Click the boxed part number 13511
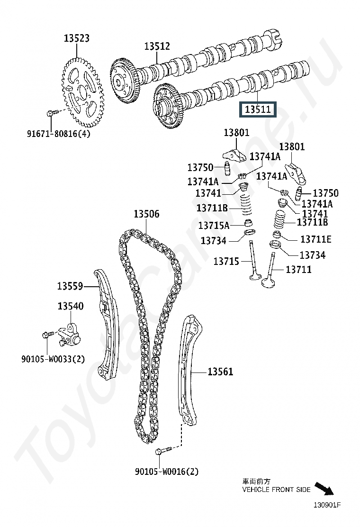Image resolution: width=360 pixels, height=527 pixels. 258,109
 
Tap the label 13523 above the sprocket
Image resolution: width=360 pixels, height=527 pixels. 77,38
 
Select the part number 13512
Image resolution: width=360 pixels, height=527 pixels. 157,46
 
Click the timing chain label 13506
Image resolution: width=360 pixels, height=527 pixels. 146,214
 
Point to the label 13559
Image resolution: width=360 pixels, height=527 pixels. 70,286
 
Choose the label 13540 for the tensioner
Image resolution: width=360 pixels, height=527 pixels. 71,306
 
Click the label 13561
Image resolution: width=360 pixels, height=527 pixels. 220,372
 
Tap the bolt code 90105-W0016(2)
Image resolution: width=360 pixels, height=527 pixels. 167,472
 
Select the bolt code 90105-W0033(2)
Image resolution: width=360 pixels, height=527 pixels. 53,359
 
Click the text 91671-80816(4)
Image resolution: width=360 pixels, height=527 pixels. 58,134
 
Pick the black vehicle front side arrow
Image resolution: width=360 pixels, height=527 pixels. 324,489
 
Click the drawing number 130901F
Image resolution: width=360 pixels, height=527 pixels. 327,505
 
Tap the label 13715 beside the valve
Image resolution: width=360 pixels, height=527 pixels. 226,261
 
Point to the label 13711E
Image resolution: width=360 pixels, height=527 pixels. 315,239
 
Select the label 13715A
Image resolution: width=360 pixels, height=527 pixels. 214,226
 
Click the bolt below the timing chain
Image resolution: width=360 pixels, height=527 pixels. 163,450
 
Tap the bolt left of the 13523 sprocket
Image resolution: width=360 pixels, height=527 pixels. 53,112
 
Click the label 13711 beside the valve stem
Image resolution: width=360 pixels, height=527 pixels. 298,269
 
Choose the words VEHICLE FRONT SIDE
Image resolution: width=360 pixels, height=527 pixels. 276,490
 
